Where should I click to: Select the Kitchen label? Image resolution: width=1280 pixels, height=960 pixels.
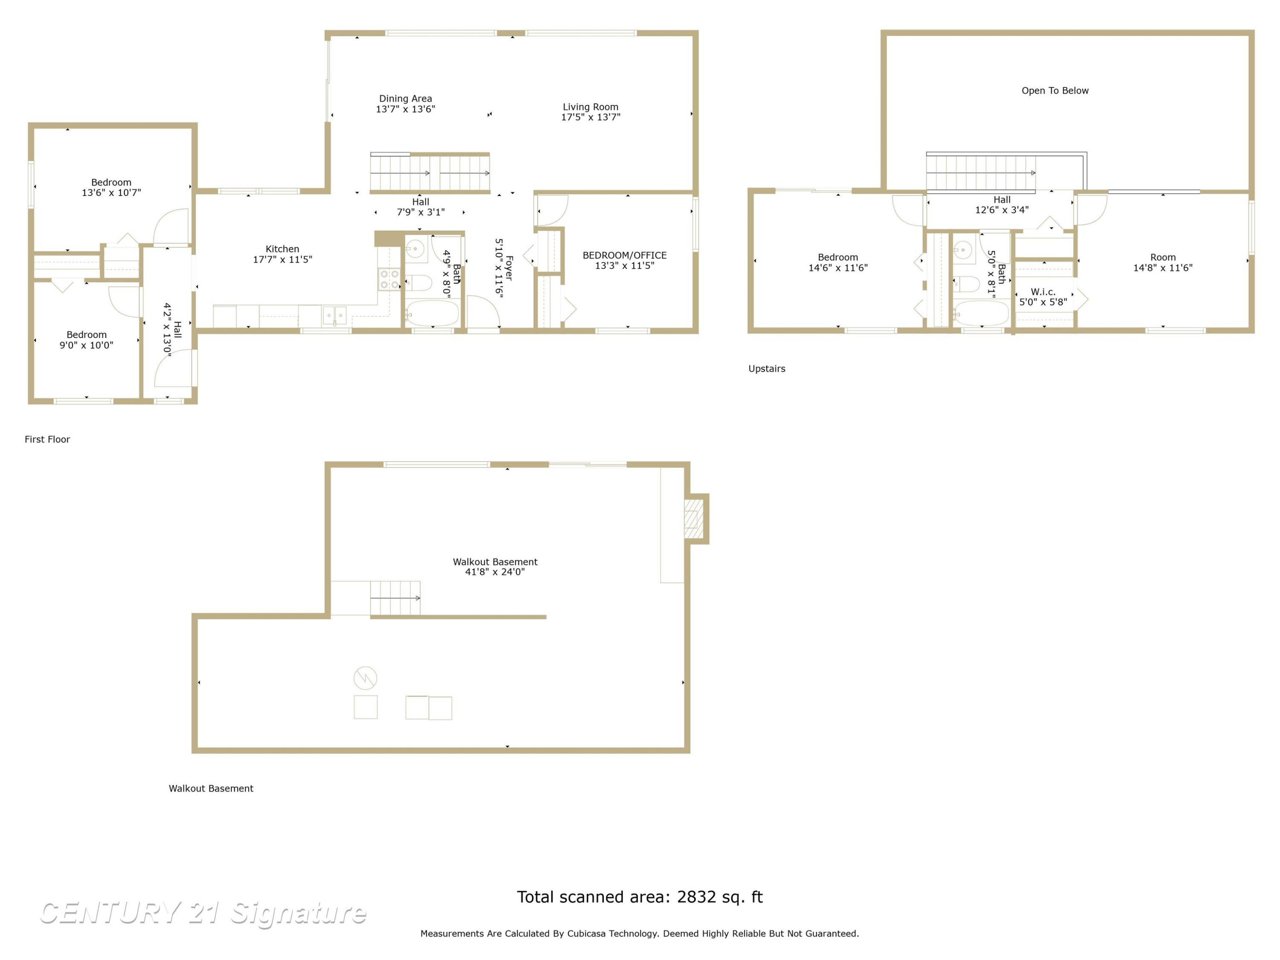pyautogui.click(x=282, y=249)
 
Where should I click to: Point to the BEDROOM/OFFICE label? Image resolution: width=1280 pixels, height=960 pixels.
pyautogui.click(x=624, y=255)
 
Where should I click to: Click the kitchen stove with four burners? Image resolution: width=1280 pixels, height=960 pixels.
pyautogui.click(x=390, y=279)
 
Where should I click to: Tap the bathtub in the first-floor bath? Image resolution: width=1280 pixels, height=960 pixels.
pyautogui.click(x=432, y=314)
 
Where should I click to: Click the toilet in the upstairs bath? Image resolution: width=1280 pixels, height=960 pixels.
pyautogui.click(x=966, y=284)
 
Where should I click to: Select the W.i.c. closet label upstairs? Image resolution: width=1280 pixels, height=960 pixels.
pyautogui.click(x=1043, y=292)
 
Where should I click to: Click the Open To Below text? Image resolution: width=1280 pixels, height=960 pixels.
pyautogui.click(x=1055, y=90)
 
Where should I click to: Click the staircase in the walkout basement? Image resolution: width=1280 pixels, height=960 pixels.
pyautogui.click(x=395, y=598)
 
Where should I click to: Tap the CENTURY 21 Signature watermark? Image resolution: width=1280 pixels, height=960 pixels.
pyautogui.click(x=203, y=913)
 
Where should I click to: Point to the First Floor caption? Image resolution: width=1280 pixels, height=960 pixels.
pyautogui.click(x=47, y=439)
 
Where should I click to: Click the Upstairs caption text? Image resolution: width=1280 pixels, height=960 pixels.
pyautogui.click(x=767, y=369)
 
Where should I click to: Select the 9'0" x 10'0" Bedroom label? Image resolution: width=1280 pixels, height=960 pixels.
pyautogui.click(x=86, y=340)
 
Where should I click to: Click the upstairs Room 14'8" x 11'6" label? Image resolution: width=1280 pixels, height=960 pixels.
pyautogui.click(x=1163, y=262)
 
